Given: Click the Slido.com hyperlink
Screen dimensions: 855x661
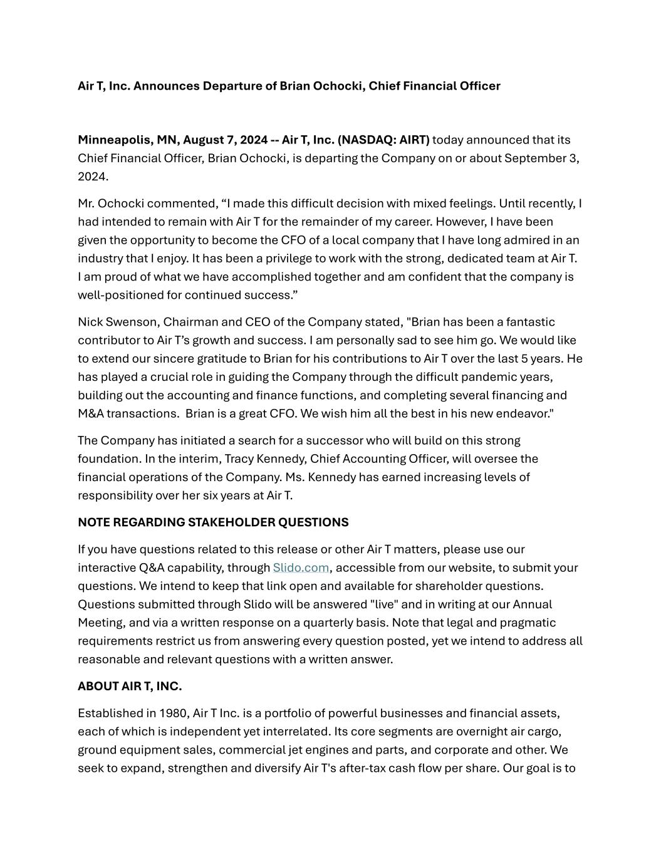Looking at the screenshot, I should click(301, 567).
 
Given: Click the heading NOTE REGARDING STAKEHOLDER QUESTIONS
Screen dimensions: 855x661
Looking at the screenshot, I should click(213, 522).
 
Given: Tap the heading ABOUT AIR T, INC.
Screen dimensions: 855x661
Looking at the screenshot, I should click(130, 687).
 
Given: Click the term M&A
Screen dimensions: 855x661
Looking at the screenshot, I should click(91, 414).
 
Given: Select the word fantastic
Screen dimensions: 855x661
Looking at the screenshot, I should click(530, 322).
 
